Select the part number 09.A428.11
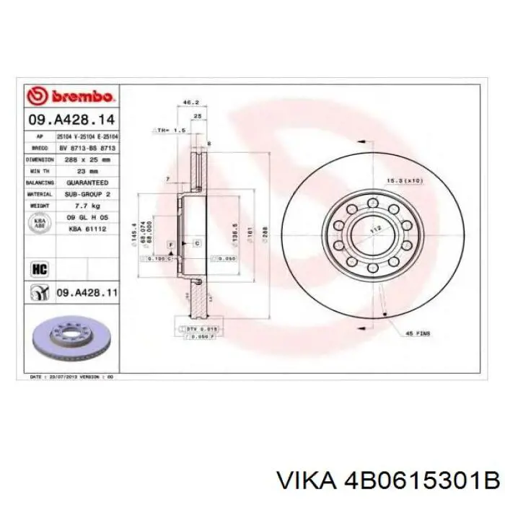click(85, 293)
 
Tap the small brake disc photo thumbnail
click(70, 338)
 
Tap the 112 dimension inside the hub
click(374, 229)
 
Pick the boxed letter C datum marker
click(196, 245)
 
